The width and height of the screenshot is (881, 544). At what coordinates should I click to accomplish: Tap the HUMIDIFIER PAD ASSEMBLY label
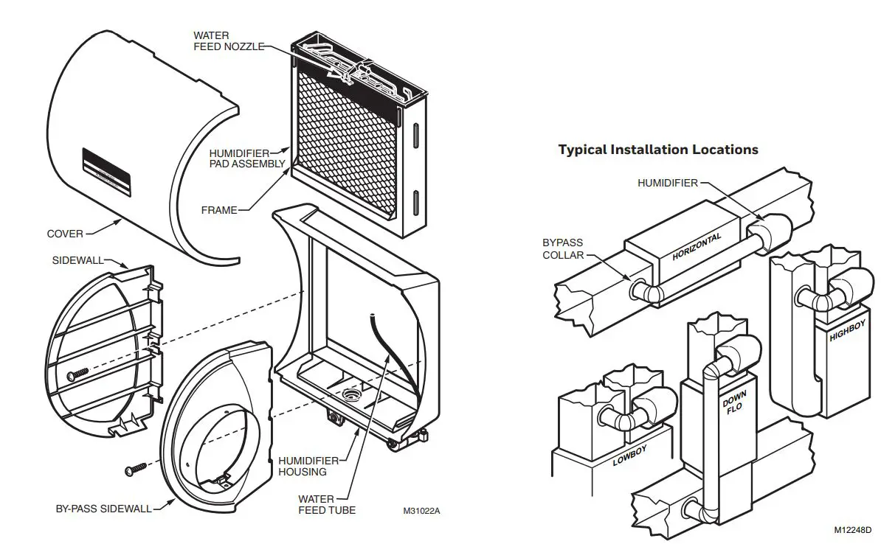(x=246, y=158)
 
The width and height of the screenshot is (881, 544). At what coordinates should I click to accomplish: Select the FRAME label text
(x=219, y=210)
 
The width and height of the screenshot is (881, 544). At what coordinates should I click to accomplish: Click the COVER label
(x=65, y=234)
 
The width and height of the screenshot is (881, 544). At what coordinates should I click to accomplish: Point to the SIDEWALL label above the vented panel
(x=77, y=260)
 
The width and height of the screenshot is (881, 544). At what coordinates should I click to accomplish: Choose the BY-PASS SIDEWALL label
(x=103, y=509)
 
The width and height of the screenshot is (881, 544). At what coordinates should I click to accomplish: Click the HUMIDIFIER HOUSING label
(x=303, y=466)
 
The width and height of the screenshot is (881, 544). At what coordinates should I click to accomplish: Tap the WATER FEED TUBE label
(x=327, y=504)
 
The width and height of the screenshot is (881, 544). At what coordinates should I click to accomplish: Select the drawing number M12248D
(x=853, y=529)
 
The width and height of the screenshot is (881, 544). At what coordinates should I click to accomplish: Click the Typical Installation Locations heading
(x=658, y=150)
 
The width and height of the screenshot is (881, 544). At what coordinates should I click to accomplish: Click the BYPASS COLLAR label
(x=563, y=248)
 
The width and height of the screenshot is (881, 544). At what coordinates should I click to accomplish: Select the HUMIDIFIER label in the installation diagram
(x=667, y=183)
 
